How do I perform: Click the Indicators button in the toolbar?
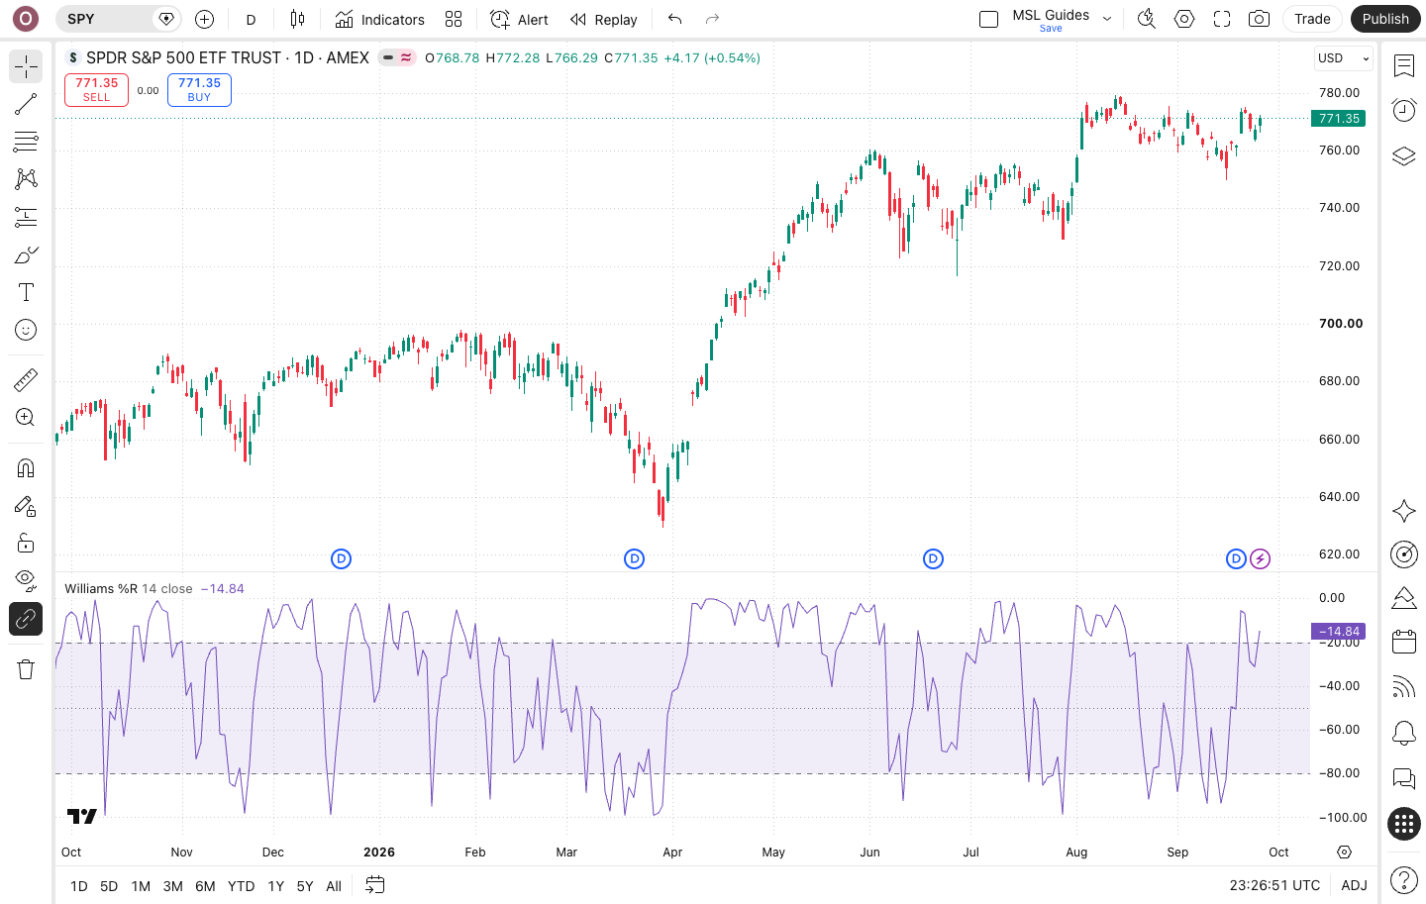coord(380,20)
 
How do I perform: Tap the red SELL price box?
coord(96,90)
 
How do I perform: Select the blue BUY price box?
coord(199,90)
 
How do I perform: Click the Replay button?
coord(603,20)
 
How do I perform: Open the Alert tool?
coord(519,20)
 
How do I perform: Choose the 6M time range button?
coord(205,885)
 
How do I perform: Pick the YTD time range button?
coord(241,885)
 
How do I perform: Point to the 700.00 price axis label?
coord(1341,324)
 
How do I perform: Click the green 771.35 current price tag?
coord(1338,119)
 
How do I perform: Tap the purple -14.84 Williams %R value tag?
coord(1338,631)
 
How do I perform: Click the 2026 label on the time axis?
coord(378,852)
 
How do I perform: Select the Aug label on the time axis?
coord(1076,852)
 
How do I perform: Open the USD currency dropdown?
coord(1343,58)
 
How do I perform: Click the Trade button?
coord(1312,19)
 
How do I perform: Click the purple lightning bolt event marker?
coord(1260,559)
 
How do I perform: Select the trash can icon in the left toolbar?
coord(26,669)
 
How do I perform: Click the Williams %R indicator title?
coord(101,589)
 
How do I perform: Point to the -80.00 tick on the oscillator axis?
coord(1339,773)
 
